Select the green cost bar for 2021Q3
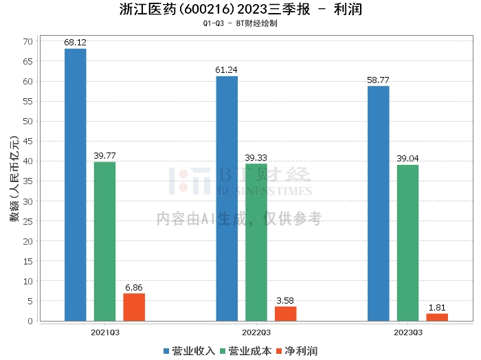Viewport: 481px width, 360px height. click(104, 241)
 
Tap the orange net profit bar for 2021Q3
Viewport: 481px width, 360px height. click(134, 307)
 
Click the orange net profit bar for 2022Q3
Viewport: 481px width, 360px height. click(286, 313)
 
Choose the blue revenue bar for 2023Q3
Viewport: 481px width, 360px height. click(378, 203)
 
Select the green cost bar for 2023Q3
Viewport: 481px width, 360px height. click(407, 243)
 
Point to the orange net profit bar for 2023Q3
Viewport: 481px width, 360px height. click(437, 317)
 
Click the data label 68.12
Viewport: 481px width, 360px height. click(75, 43)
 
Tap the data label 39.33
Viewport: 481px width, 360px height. click(256, 157)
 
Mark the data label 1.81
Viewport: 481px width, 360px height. click(437, 307)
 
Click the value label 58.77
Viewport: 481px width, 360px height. click(378, 80)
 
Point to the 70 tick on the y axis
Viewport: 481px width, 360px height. click(27, 41)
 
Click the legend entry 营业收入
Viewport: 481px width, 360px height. click(189, 350)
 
